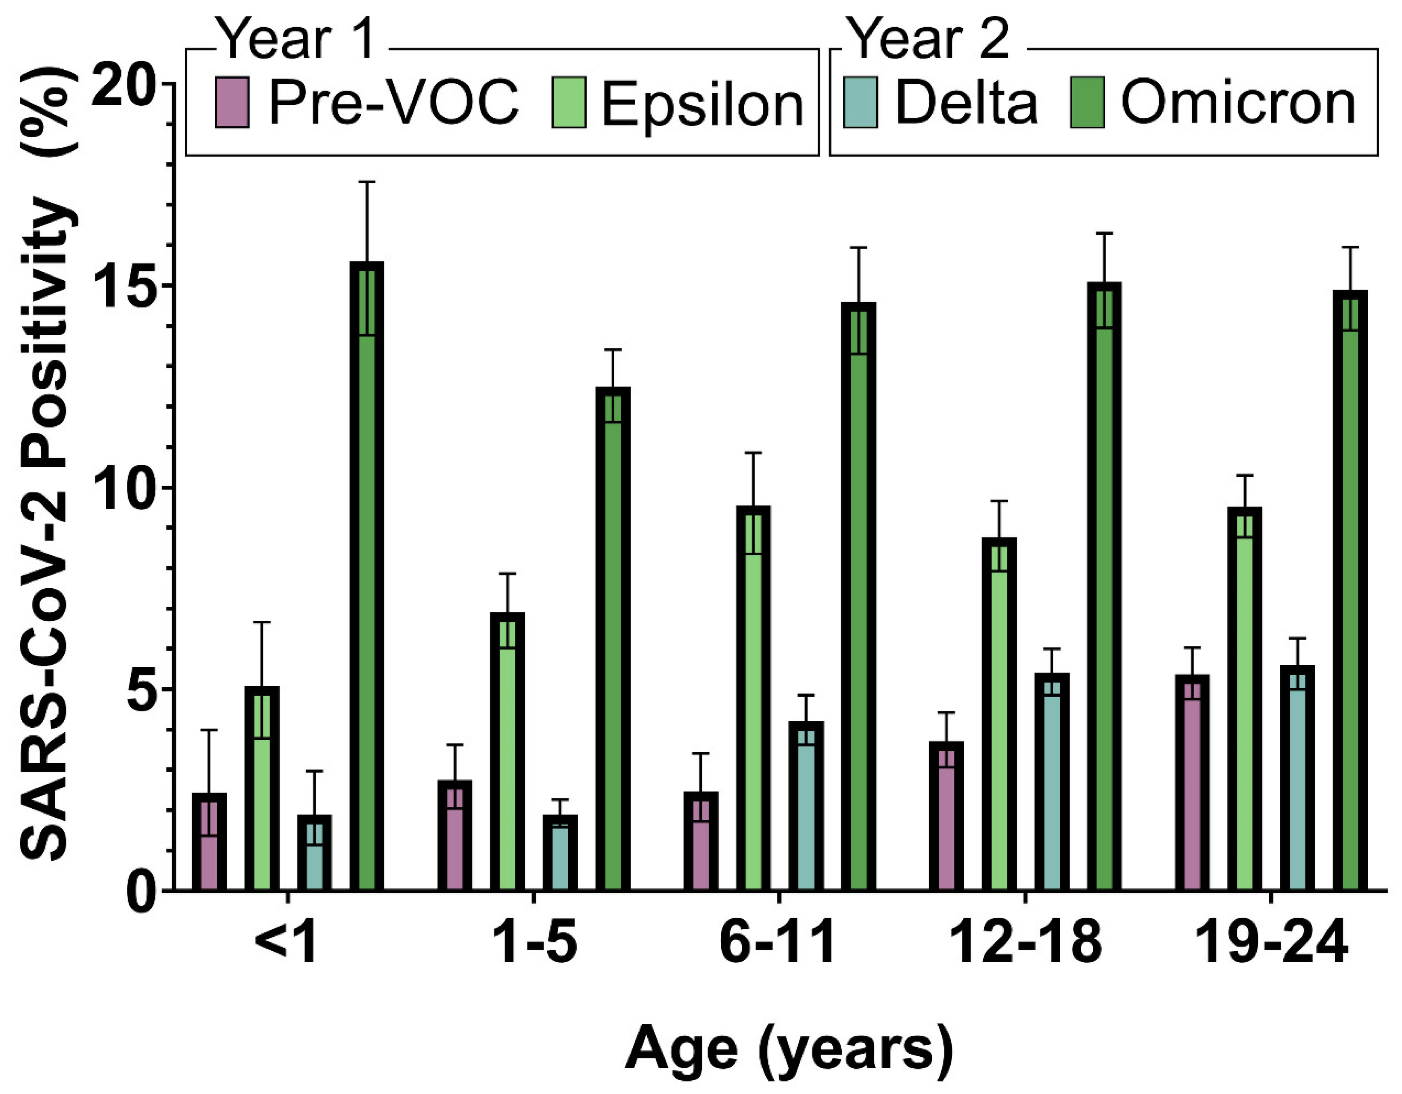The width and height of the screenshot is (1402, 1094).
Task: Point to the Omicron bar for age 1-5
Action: tap(613, 642)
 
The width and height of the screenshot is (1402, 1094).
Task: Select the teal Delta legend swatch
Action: tap(860, 102)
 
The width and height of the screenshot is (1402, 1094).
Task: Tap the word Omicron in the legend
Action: tap(1238, 102)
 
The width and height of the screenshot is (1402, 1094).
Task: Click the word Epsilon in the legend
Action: tap(702, 104)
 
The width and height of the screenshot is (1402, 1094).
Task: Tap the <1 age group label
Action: tap(286, 943)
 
